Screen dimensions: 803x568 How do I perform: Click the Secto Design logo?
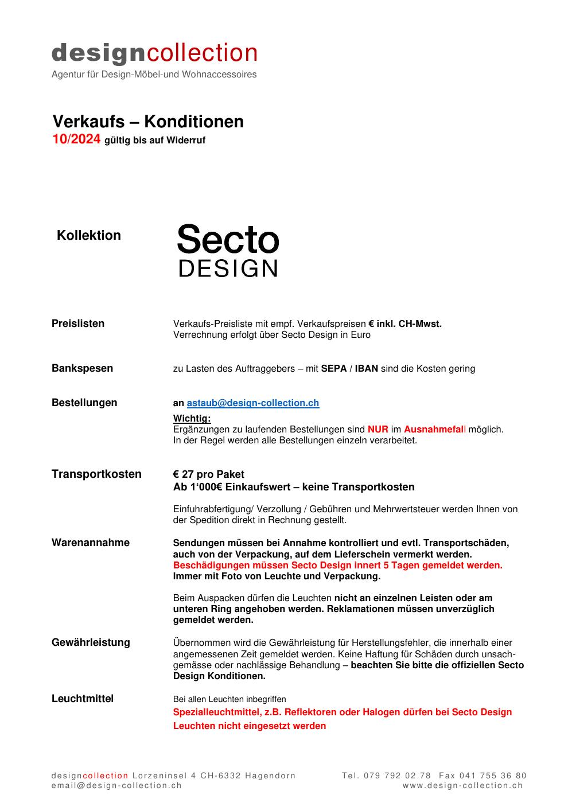228,250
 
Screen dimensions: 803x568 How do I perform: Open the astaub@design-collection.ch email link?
252,403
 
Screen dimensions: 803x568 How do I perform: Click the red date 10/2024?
76,139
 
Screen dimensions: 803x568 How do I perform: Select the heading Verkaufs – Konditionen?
148,122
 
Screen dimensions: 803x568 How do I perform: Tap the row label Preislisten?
78,323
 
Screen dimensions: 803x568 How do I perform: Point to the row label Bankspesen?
82,368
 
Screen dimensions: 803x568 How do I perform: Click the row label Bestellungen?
84,403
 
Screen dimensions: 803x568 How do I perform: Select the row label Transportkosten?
96,474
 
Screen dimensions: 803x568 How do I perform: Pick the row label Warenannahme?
91,543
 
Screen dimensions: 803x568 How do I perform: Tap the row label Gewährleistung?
91,642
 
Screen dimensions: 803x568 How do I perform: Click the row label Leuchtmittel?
83,699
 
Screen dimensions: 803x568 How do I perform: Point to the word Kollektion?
89,235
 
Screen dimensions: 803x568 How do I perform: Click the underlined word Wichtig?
192,419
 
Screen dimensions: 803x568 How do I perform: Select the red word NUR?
378,429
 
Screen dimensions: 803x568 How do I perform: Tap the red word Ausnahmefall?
434,429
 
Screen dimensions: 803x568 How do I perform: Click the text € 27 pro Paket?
209,474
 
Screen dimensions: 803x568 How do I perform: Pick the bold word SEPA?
333,368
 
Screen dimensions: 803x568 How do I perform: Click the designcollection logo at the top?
154,53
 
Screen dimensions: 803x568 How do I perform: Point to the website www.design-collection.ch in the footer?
462,786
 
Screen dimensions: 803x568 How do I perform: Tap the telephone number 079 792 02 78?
396,775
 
